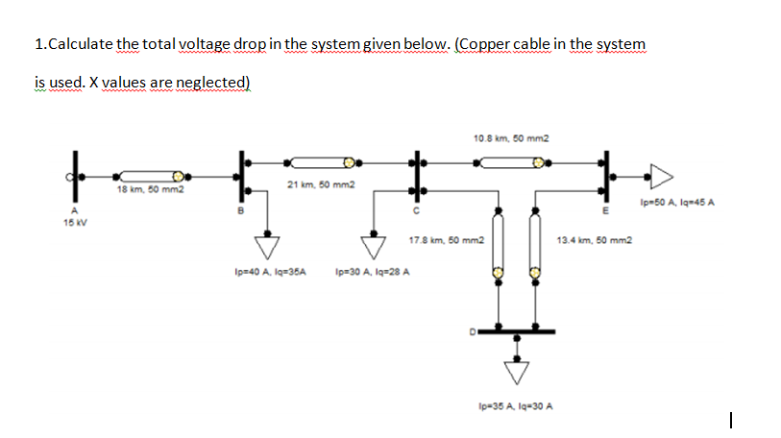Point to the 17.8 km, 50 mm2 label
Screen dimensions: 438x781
[x=446, y=239]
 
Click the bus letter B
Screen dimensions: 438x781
[x=242, y=211]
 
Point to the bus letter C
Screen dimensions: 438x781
[x=416, y=211]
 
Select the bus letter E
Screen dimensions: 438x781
[x=605, y=211]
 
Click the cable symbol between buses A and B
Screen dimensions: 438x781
[x=149, y=177]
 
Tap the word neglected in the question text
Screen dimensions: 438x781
[x=206, y=84]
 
